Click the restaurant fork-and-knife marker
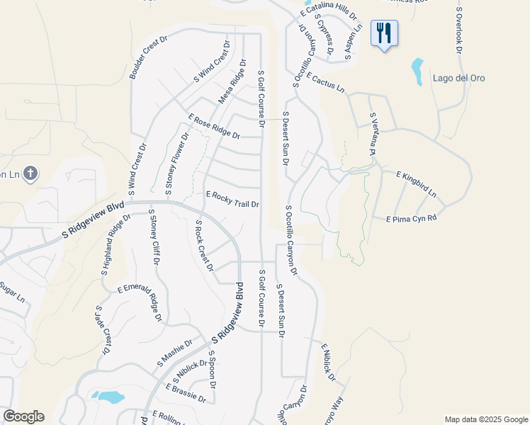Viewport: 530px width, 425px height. [x=384, y=33]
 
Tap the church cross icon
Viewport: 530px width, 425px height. [x=30, y=173]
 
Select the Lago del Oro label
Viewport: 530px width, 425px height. [x=458, y=78]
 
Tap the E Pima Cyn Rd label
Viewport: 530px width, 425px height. [x=411, y=220]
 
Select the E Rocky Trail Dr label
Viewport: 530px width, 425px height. [x=232, y=199]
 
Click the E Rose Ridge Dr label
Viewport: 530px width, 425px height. [x=214, y=126]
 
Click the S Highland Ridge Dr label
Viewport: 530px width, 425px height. [x=116, y=245]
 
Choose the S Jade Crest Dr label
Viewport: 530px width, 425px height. [x=103, y=330]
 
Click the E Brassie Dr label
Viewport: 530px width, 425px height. [x=186, y=394]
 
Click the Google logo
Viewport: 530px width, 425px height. [x=23, y=416]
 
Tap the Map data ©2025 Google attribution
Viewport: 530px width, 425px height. [x=485, y=419]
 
